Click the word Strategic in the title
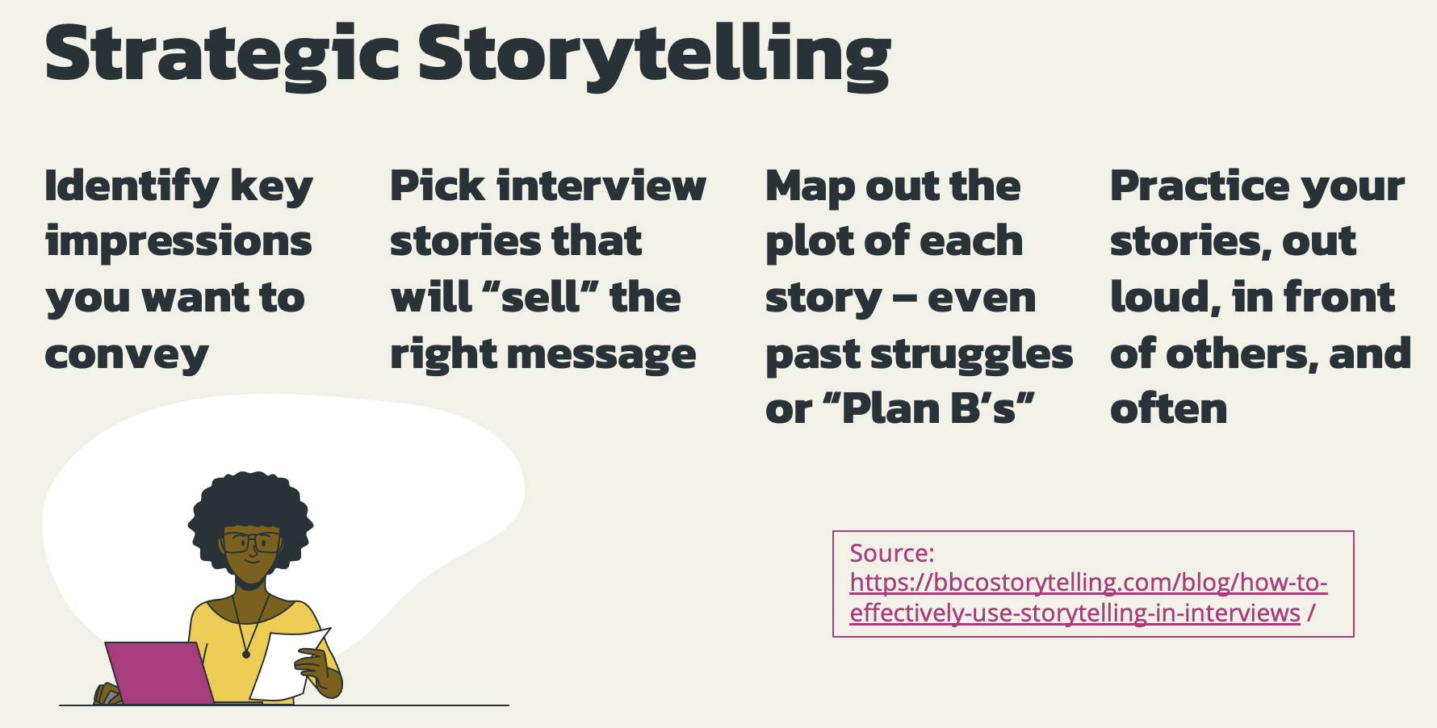point(222,55)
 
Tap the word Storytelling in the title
point(654,55)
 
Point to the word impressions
point(178,243)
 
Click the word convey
point(127,355)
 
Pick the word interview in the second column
point(601,186)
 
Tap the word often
point(1169,408)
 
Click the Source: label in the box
point(892,553)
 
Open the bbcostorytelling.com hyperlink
point(1089,597)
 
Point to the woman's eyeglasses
point(253,542)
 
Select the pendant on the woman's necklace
point(246,655)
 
